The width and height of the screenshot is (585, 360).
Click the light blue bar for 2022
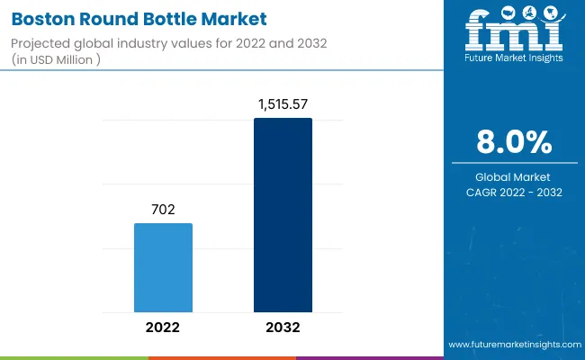coord(163,267)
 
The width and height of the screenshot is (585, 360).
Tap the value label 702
coord(163,209)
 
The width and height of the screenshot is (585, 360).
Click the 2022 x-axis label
coord(163,327)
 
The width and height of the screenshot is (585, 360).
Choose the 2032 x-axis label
coord(283,327)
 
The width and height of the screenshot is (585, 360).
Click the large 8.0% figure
coord(514,143)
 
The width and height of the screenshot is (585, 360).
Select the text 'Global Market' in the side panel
coord(514,177)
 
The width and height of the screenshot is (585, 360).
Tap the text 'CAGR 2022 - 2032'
coord(514,192)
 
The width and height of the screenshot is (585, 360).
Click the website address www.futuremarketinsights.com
coord(512,345)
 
